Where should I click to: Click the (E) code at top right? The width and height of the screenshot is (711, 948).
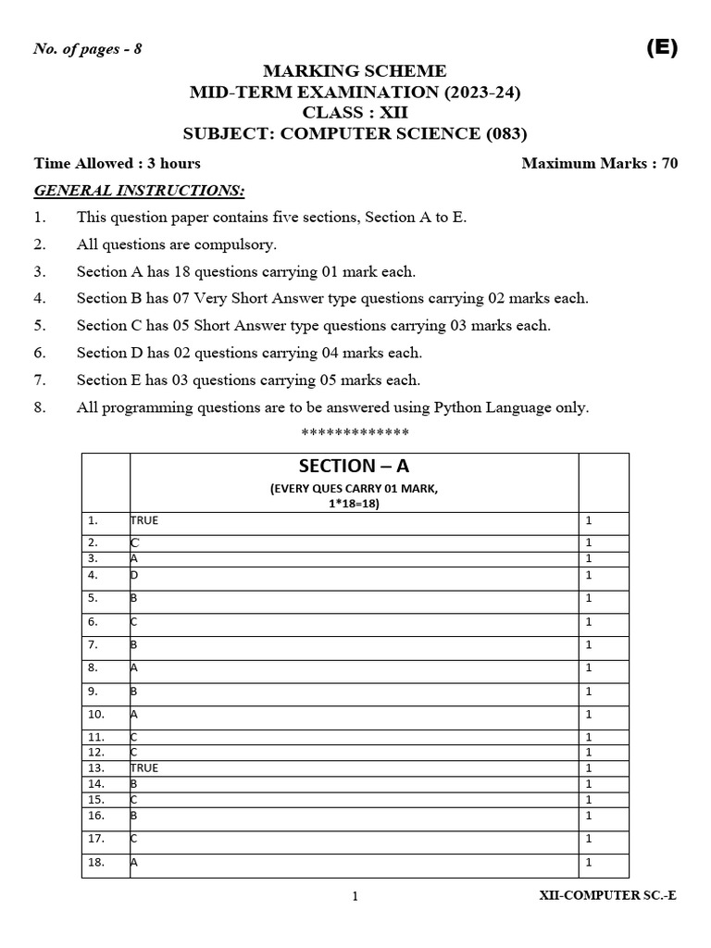click(661, 50)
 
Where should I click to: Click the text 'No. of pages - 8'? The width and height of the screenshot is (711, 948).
click(88, 49)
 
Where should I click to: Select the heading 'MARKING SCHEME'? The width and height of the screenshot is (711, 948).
click(355, 71)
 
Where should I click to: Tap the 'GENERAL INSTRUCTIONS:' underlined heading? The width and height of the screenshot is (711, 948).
click(140, 190)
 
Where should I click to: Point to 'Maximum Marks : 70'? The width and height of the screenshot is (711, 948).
click(599, 164)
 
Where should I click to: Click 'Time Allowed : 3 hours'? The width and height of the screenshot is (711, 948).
click(118, 164)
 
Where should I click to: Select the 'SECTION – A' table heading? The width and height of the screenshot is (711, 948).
click(354, 467)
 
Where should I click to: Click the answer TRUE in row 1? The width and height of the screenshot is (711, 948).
click(144, 520)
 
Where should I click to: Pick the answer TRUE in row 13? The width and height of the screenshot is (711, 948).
click(144, 767)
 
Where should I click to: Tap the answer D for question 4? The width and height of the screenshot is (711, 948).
click(135, 575)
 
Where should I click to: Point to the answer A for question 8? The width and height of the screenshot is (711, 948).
click(135, 667)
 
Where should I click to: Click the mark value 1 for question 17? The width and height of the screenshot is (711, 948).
click(589, 839)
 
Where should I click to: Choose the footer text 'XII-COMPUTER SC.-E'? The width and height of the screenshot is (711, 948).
click(607, 895)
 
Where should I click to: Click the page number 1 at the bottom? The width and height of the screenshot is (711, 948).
click(355, 896)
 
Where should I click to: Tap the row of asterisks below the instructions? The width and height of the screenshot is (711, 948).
click(355, 433)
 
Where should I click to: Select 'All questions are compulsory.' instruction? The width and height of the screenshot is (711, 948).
click(177, 244)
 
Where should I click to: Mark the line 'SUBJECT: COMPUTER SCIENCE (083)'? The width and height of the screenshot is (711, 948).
click(355, 133)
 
